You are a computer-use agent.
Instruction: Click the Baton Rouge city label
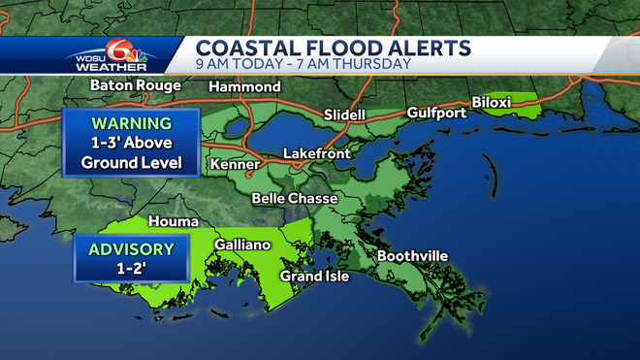coord(135,85)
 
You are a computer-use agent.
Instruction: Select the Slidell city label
coord(344,115)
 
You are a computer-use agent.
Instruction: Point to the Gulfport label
coord(436,113)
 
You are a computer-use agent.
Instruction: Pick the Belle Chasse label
coord(294,199)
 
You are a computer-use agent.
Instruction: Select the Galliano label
coord(242,245)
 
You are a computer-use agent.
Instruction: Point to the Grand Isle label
coord(314,277)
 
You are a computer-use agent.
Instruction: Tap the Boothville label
coord(412,256)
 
